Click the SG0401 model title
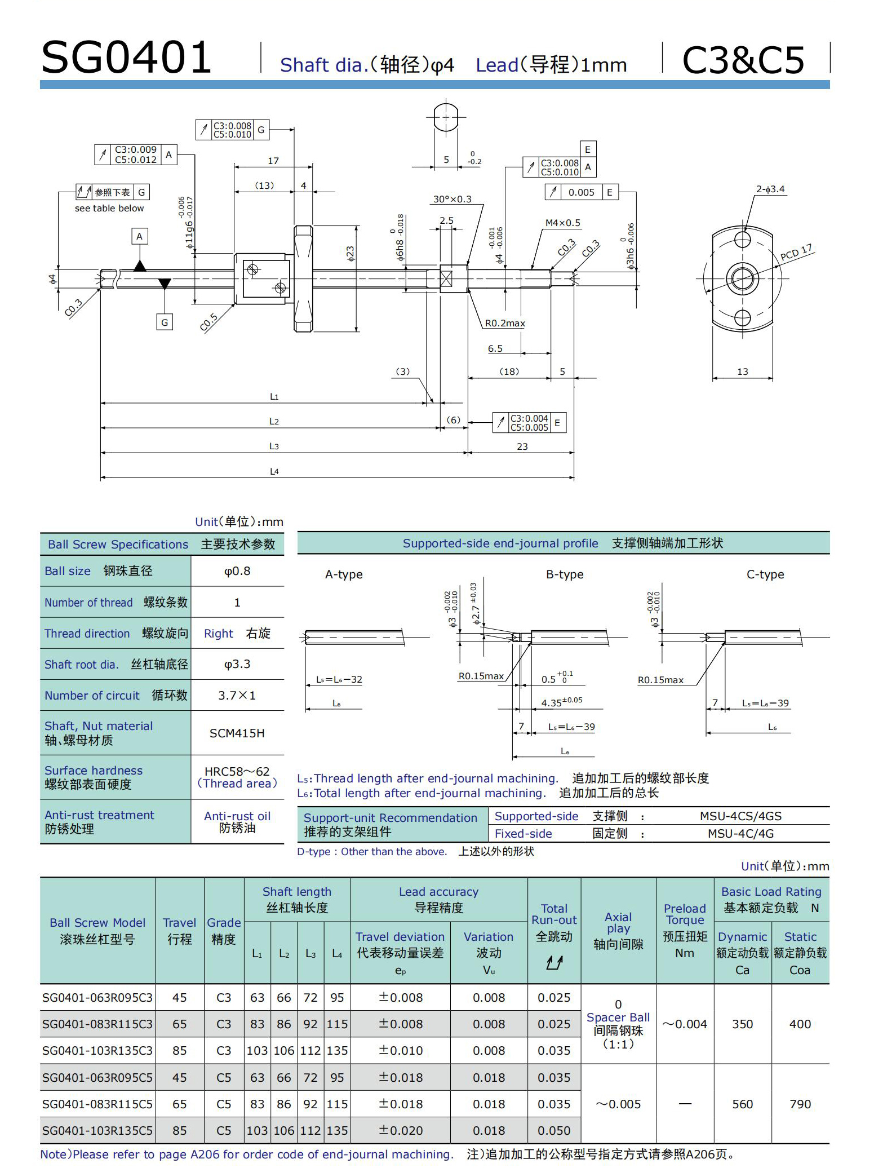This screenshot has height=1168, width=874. tap(126, 57)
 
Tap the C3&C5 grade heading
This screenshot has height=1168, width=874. tap(743, 60)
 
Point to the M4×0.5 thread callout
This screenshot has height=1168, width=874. tap(562, 223)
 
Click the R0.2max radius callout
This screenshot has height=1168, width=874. tap(505, 324)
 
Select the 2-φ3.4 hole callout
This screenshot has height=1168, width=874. tap(770, 189)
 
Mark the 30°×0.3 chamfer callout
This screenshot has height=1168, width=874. tap(452, 200)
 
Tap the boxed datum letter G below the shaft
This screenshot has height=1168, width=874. tap(165, 322)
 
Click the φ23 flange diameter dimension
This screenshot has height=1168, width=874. tap(350, 254)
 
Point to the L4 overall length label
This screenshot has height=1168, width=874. tap(274, 472)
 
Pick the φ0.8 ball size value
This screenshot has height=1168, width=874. tap(237, 571)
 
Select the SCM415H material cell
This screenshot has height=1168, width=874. tap(237, 733)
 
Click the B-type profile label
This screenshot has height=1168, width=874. tap(565, 574)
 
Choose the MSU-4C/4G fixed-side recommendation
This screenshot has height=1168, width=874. tap(740, 834)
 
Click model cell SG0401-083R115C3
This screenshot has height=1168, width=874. tap(97, 1024)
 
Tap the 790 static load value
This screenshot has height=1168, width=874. tap(800, 1104)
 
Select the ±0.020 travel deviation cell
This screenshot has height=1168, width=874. tap(400, 1131)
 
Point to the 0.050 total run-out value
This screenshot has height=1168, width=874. tap(554, 1131)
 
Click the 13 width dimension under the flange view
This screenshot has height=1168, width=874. tap(742, 372)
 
